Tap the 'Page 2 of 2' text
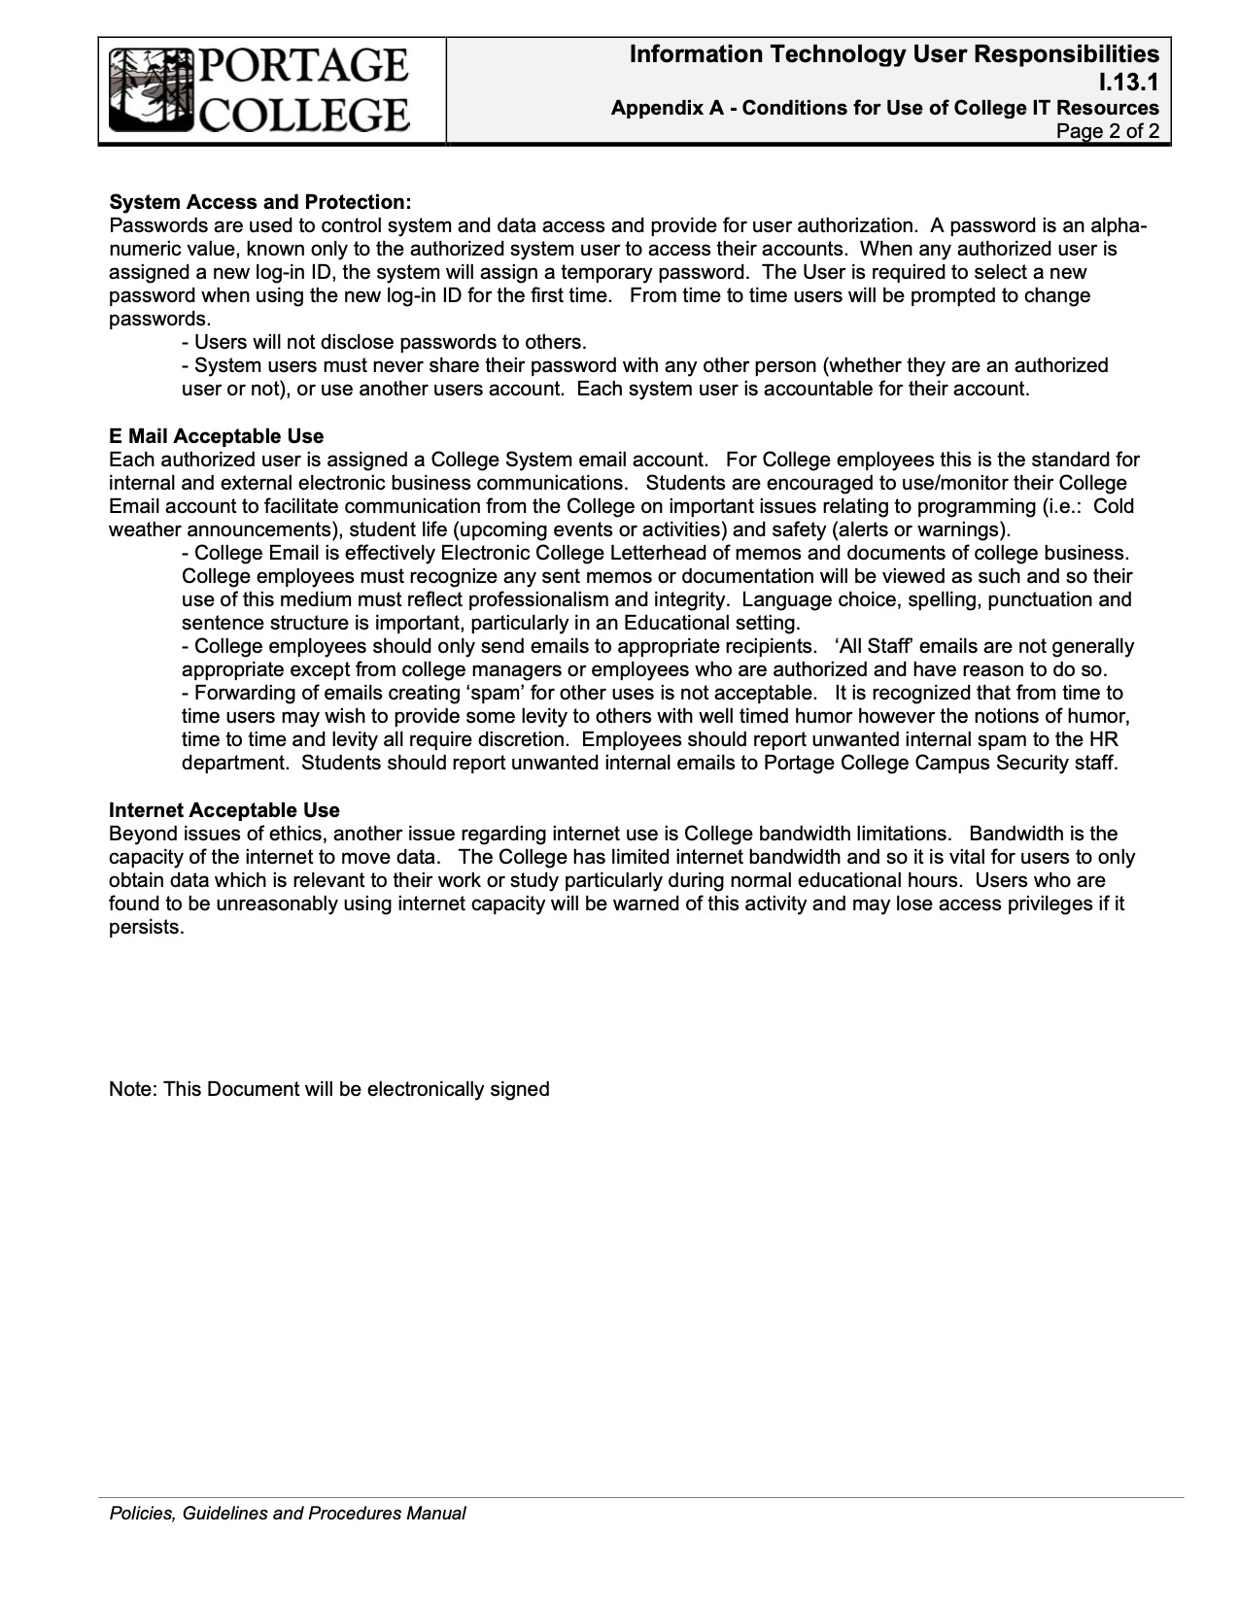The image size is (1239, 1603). point(1108,131)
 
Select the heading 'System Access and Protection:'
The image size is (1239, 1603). point(260,202)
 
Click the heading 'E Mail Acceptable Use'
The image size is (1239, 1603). point(216,436)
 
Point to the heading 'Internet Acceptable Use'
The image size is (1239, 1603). point(224,810)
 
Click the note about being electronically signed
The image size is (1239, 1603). point(329,1089)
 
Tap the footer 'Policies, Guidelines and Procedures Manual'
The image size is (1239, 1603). point(287,1513)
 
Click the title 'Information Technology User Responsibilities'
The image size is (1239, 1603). point(894,54)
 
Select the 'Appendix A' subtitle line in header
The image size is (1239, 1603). point(884,108)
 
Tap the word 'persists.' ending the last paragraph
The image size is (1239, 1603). point(147,927)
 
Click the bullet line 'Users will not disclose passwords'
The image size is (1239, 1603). point(385,342)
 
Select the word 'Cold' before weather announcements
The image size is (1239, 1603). point(1114,506)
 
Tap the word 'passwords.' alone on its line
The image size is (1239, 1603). point(159,319)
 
